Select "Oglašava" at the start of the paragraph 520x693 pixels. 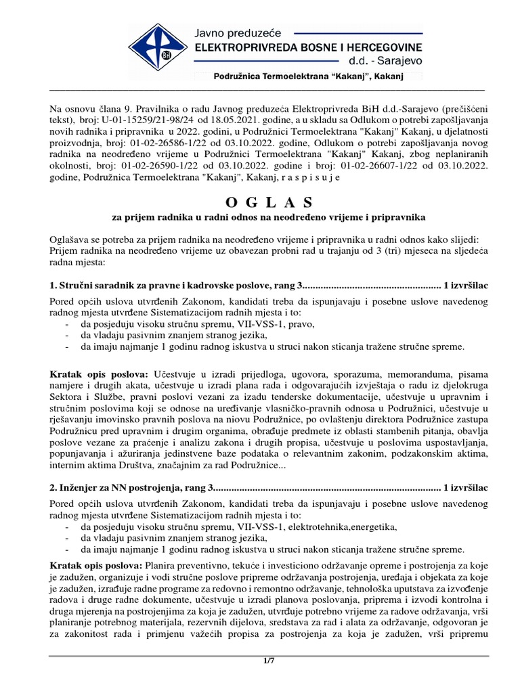click(x=70, y=239)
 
